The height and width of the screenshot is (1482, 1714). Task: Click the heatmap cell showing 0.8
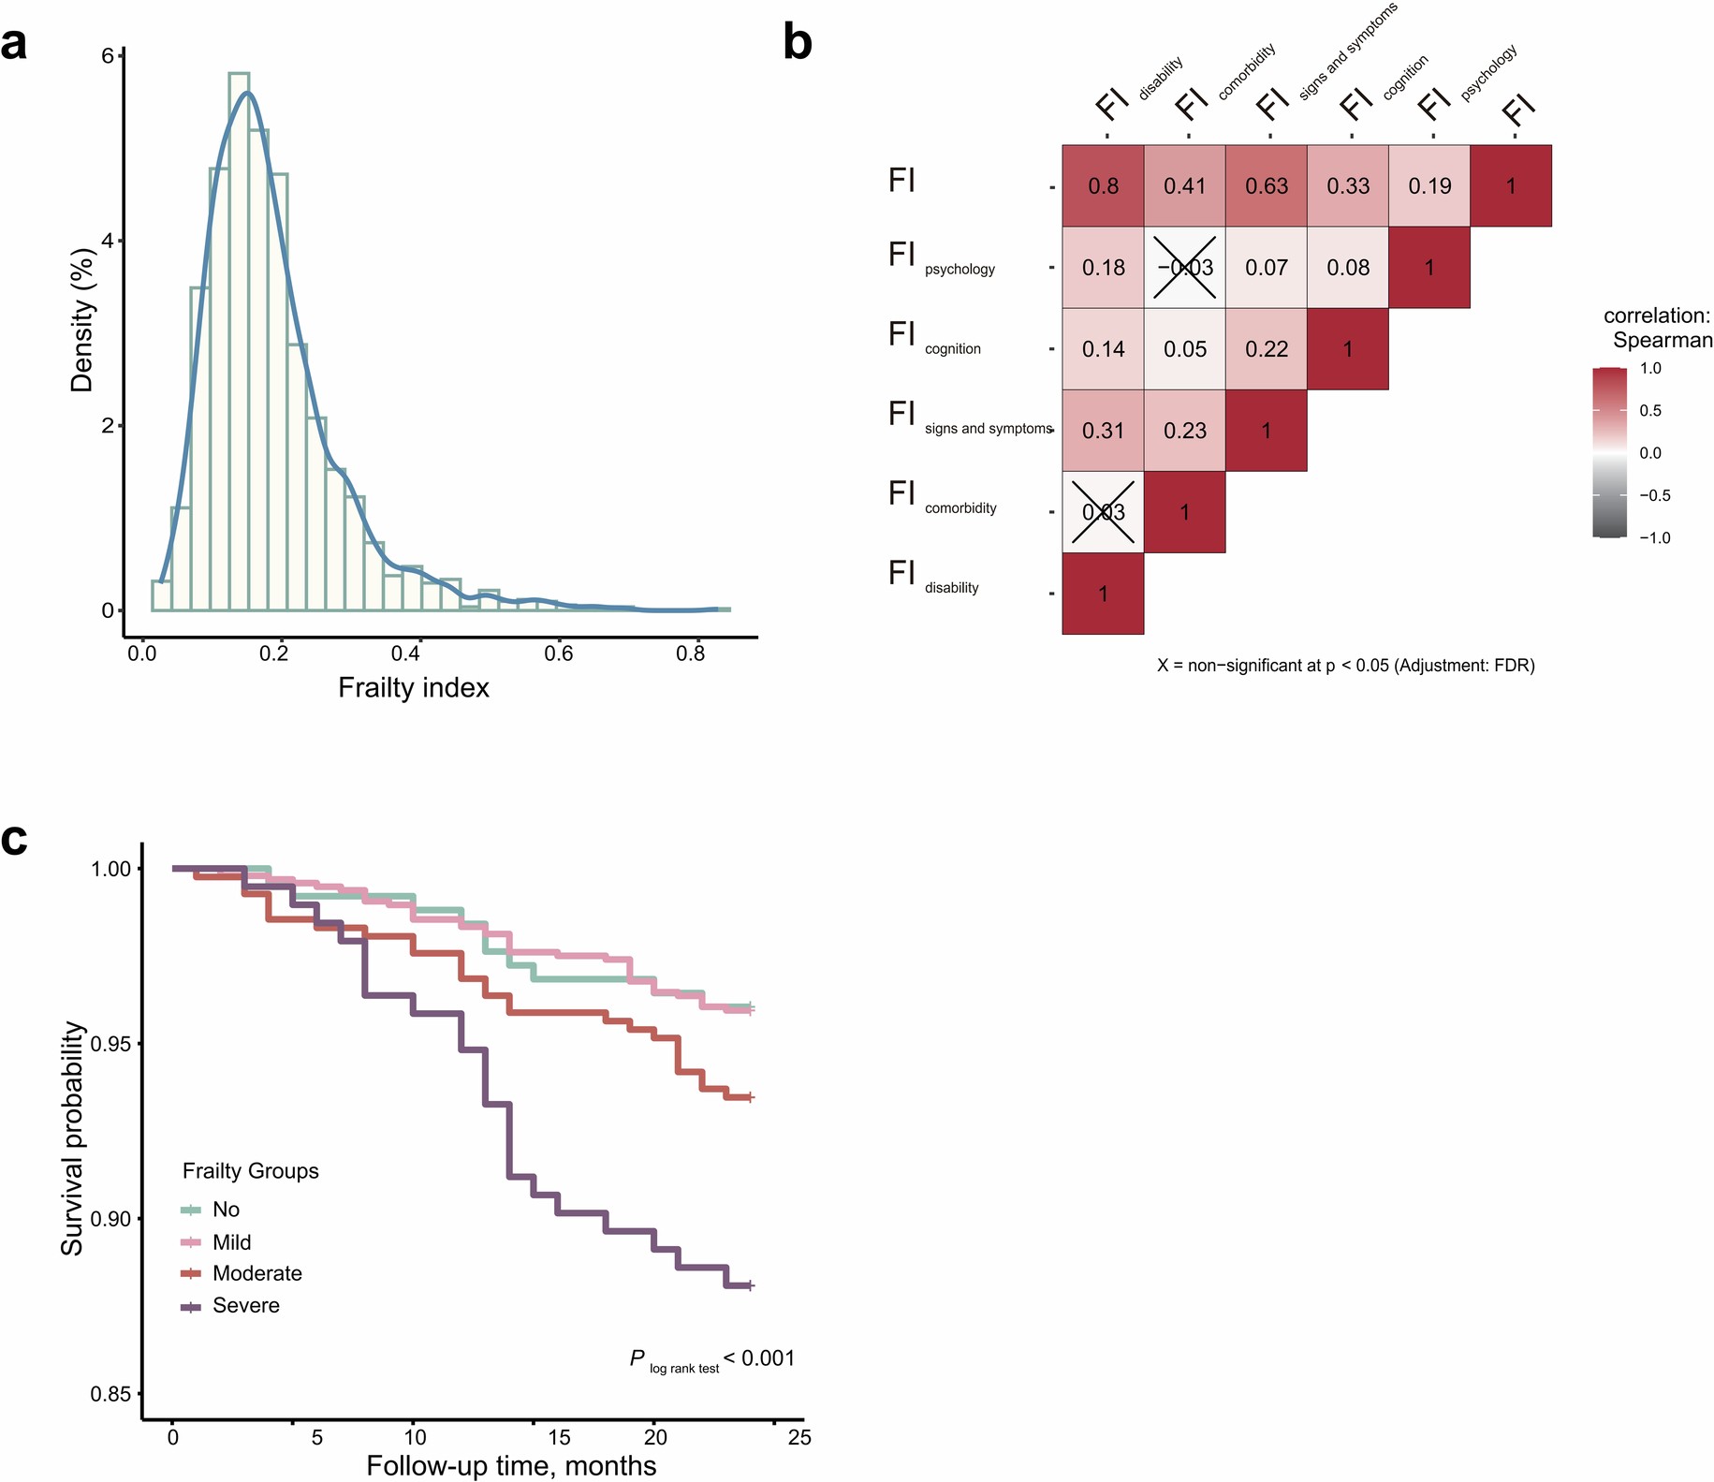(x=1103, y=185)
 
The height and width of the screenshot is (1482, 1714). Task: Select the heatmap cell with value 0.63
(x=1266, y=185)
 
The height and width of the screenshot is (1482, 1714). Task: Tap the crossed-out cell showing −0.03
(x=1184, y=268)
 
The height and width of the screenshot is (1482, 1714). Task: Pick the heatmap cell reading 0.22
(x=1266, y=349)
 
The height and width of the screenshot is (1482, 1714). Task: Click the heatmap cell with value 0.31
(x=1103, y=431)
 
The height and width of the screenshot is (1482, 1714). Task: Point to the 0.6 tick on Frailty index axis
(x=559, y=653)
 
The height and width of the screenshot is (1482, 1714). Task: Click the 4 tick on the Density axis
(x=108, y=241)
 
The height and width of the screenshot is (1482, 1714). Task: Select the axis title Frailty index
(x=414, y=688)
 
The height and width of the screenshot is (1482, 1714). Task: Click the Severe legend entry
(x=245, y=1305)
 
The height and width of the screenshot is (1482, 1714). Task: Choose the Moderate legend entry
(x=256, y=1273)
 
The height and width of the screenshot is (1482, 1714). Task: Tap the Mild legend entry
(x=231, y=1242)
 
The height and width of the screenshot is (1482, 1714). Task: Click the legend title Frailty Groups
(x=250, y=1171)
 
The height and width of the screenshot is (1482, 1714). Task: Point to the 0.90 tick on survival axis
(x=110, y=1218)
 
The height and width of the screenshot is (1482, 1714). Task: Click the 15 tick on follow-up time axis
(x=559, y=1437)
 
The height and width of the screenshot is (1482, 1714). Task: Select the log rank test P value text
(x=711, y=1359)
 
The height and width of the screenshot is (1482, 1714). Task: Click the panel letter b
(x=797, y=44)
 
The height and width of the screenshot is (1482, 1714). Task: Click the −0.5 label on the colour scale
(x=1654, y=495)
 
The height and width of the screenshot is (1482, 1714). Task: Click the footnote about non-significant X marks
(x=1345, y=666)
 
